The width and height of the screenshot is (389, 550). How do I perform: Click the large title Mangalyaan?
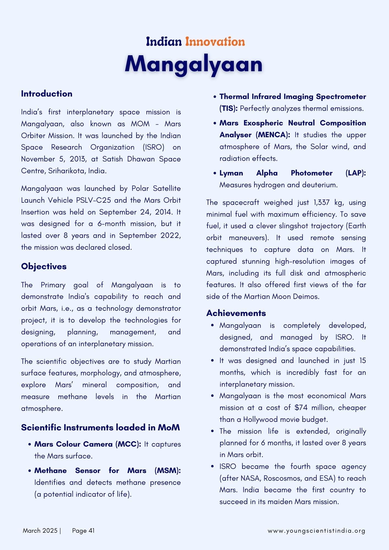pos(194,64)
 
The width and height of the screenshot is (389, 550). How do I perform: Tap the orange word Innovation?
pos(215,42)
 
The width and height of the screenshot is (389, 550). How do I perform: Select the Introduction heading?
pos(46,94)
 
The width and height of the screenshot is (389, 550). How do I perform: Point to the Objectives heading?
pos(44,266)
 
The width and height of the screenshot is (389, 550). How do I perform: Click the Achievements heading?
pos(236,313)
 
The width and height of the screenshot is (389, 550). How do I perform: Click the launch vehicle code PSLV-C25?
pos(94,200)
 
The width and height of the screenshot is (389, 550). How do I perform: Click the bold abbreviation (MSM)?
pos(168,471)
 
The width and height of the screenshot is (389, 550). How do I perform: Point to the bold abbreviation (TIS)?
pos(228,109)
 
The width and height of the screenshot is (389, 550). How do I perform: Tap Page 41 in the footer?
pos(83,531)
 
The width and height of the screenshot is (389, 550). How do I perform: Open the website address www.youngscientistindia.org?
pos(316,531)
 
